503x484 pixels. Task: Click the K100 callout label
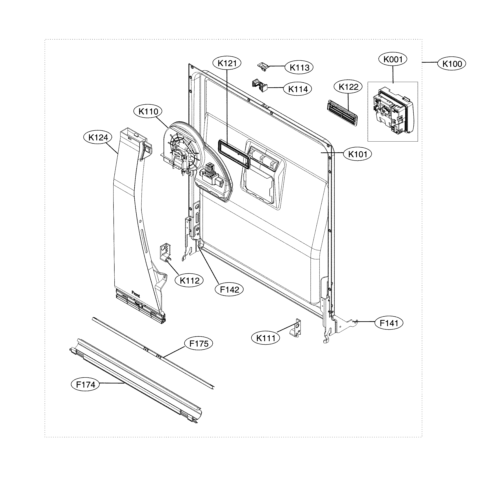pos(452,64)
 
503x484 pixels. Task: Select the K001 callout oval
pos(393,59)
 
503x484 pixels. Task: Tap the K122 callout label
pos(348,87)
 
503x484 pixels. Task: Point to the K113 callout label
pos(299,67)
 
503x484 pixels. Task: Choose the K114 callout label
pos(298,89)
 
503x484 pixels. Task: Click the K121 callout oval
pos(227,63)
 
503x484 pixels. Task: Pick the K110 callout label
pos(148,112)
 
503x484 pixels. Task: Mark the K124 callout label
pos(98,137)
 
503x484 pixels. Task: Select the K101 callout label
pos(358,154)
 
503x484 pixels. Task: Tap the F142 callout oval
pos(229,290)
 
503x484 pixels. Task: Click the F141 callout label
pos(389,323)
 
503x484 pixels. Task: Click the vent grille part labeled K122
pos(342,113)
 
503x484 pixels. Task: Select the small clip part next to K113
pos(263,67)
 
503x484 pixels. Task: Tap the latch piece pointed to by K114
pos(260,85)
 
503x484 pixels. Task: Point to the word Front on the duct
pos(136,294)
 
